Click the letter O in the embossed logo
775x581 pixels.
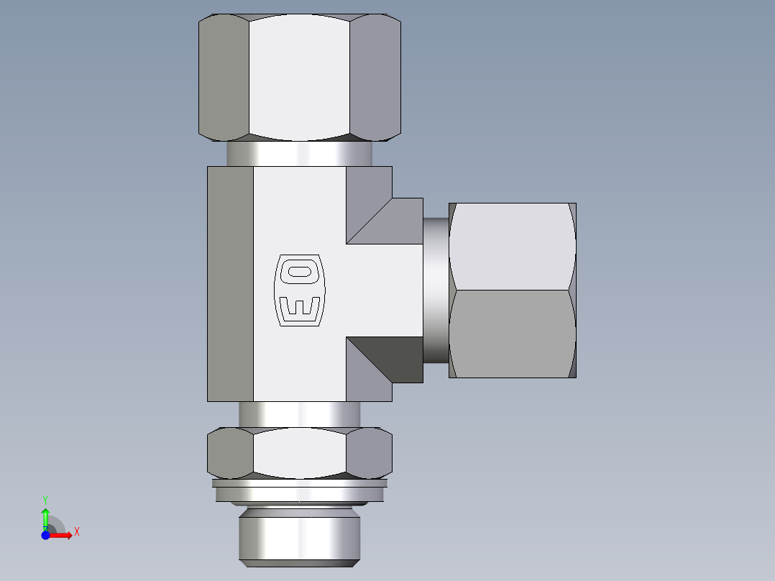(300, 270)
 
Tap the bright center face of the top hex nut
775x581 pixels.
(299, 76)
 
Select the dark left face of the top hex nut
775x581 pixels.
(224, 76)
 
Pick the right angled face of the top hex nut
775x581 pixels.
(375, 76)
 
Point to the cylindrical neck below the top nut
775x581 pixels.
(299, 153)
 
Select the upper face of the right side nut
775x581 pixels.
(512, 246)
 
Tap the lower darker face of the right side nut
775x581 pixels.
(512, 334)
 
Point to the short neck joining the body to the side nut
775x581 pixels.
(435, 290)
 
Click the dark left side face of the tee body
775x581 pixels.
(230, 283)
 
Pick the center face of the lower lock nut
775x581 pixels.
(299, 453)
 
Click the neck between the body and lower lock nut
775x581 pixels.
(299, 413)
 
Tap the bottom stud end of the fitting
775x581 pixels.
(299, 536)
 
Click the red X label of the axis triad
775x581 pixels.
(77, 532)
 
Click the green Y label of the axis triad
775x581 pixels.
(45, 498)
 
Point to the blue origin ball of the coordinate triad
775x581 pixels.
(46, 535)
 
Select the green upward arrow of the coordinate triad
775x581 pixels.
(45, 516)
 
